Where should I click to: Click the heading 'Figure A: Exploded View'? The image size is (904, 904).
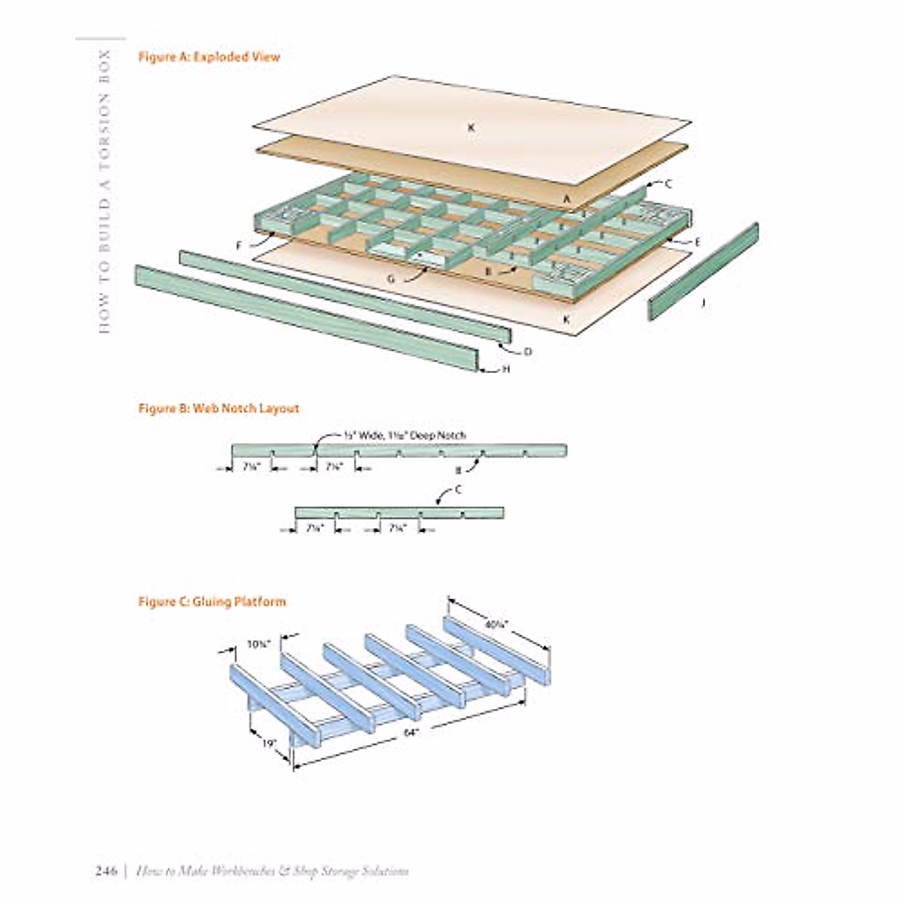pos(209,56)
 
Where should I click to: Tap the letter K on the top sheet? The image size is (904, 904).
pos(471,128)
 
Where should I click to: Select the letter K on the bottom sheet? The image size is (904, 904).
pos(567,319)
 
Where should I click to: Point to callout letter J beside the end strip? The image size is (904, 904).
pos(703,303)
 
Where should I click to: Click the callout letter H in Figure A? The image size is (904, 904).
pos(505,369)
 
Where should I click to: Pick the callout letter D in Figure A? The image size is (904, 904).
pos(527,351)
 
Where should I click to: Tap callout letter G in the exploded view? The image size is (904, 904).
pos(391,279)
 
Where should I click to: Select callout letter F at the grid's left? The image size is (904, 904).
pos(239,246)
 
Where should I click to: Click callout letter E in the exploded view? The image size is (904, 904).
pos(697,242)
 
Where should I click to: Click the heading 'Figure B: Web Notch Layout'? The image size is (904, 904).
pos(218,408)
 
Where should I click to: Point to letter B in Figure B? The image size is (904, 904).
pos(457,471)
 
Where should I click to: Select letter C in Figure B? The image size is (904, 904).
pos(458,490)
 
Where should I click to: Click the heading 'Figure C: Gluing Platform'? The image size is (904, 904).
pos(212,601)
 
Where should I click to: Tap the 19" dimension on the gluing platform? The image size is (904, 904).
pos(269,742)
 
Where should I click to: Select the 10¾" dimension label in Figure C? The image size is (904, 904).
pos(258,644)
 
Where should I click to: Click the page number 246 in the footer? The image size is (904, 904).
pos(105,872)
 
